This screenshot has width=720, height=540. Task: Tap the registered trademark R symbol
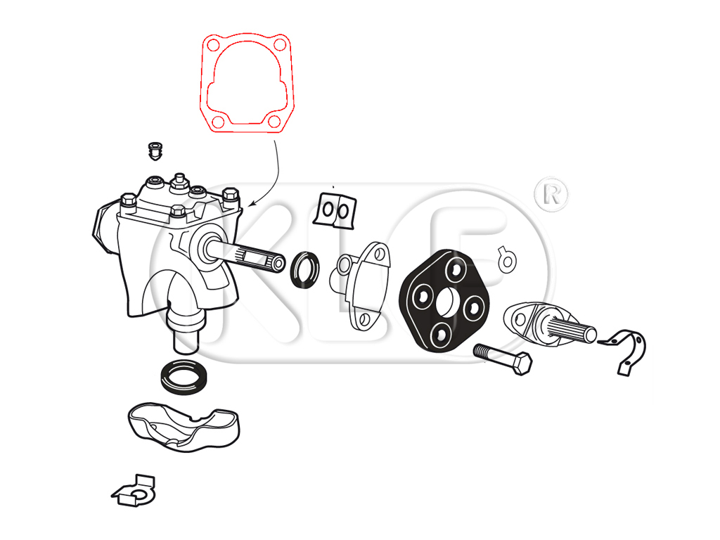click(551, 195)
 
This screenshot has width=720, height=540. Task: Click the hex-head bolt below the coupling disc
click(503, 358)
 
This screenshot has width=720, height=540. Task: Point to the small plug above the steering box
click(155, 151)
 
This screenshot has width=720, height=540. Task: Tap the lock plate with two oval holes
click(335, 210)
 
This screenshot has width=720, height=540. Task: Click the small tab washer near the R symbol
click(508, 259)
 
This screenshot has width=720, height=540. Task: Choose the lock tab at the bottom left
click(134, 491)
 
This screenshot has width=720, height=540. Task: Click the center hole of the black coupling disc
click(444, 302)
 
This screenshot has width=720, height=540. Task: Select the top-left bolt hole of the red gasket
click(213, 45)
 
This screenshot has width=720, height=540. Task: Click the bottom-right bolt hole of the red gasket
click(274, 121)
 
